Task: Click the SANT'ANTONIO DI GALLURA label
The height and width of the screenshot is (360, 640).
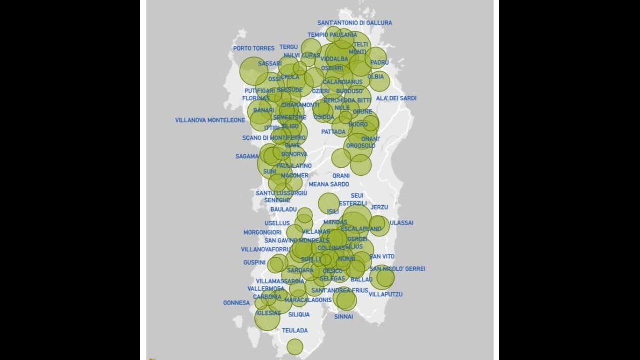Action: (355, 23)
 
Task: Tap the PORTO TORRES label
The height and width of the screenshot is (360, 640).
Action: (254, 48)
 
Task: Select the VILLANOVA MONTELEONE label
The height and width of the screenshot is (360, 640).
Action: (210, 120)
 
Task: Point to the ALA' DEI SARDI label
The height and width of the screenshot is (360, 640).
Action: (396, 98)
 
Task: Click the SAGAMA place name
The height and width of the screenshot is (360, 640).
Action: (247, 156)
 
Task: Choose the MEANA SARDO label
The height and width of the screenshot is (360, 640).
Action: (329, 184)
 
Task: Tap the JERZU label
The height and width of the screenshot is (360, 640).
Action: (379, 207)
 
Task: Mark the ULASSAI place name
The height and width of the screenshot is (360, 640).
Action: (402, 223)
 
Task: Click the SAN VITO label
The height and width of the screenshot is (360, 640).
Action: (382, 256)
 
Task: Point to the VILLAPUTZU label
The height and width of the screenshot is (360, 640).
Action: (386, 294)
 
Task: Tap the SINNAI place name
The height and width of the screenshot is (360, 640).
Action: (344, 316)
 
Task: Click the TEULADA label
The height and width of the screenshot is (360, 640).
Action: (295, 330)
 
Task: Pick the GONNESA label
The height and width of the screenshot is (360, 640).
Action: (236, 303)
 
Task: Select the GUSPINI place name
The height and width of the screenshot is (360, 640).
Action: (254, 262)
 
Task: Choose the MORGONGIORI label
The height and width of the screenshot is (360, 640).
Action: (262, 232)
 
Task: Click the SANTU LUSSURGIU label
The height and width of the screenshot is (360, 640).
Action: (281, 193)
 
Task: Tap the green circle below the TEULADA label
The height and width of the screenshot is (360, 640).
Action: (295, 347)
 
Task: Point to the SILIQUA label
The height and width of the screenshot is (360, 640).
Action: (299, 314)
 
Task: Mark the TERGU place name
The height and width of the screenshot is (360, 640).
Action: (289, 47)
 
